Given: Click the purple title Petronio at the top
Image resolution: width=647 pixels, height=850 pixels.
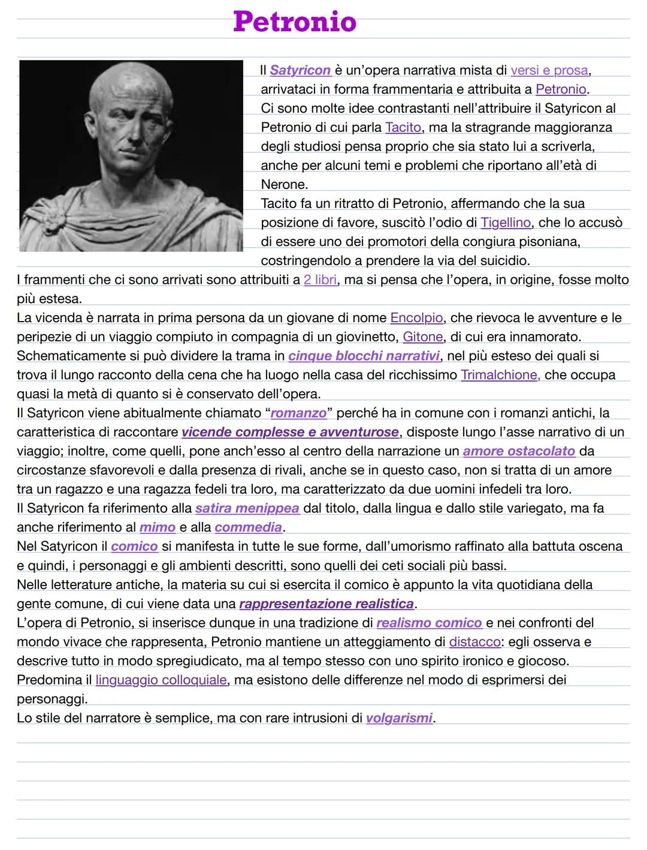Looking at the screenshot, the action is (295, 22).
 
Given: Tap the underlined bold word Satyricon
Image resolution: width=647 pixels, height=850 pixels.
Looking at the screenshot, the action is (300, 70).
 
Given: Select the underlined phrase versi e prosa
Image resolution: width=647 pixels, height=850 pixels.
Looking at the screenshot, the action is (549, 70).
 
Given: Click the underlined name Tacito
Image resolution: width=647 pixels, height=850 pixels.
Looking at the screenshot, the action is (403, 127).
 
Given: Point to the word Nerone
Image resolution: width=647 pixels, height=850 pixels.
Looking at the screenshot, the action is (284, 184).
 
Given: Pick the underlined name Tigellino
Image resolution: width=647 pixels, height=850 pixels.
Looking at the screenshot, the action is (505, 223).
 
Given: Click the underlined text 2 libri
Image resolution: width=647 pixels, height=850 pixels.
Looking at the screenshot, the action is (320, 280).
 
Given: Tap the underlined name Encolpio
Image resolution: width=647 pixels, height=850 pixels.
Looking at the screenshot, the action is (416, 317).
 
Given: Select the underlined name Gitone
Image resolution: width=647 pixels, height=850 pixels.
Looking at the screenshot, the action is (423, 337).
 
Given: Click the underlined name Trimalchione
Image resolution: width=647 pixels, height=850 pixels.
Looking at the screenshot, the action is (500, 375).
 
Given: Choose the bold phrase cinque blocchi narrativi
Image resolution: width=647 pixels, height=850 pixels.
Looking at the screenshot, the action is (364, 356).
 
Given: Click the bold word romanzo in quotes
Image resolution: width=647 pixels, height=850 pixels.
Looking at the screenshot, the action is (298, 413).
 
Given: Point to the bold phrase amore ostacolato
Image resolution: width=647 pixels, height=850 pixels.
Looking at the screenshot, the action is (519, 450).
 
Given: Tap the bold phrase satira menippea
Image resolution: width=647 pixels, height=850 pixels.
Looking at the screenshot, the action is (247, 508).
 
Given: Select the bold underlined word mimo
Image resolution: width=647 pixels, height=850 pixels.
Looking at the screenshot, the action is (157, 527).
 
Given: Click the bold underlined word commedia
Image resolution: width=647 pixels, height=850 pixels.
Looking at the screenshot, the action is (248, 527).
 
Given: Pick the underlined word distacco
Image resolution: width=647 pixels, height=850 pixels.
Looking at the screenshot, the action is (474, 642).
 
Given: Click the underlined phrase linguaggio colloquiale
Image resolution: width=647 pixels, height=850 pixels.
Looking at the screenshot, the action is (161, 680).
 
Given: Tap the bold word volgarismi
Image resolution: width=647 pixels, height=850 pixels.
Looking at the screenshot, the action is (399, 718).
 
